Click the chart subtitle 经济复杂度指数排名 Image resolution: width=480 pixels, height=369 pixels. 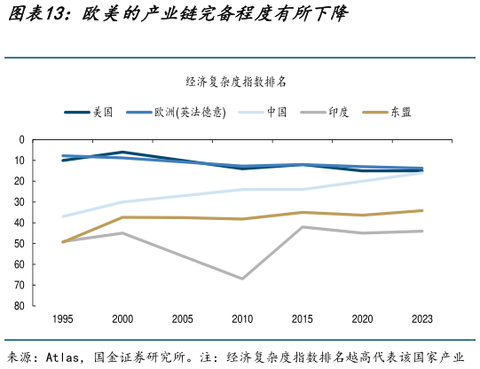click(x=236, y=82)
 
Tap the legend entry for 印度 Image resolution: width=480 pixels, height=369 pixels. click(x=338, y=113)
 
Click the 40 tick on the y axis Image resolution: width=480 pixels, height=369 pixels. click(x=43, y=223)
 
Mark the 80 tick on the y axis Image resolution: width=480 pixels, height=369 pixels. click(x=43, y=306)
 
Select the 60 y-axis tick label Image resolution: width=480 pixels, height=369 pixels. click(x=43, y=264)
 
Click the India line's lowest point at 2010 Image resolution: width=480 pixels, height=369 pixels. click(x=242, y=279)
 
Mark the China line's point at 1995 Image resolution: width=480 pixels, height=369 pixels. click(x=63, y=216)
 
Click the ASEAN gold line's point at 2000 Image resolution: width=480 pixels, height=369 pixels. click(x=122, y=217)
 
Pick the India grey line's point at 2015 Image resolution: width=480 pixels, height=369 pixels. click(x=303, y=227)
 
